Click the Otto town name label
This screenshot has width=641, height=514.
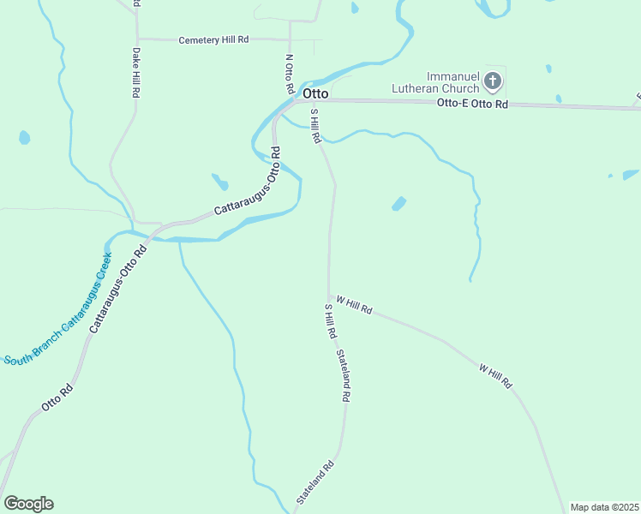(x=314, y=93)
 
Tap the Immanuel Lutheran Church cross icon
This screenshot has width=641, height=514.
(x=493, y=82)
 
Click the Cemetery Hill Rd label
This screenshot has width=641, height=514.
(x=213, y=40)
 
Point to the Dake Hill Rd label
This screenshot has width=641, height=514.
(x=135, y=72)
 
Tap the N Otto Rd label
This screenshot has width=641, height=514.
(x=290, y=75)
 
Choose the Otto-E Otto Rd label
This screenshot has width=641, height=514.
(x=472, y=104)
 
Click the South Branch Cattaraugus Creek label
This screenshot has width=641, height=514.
(x=58, y=309)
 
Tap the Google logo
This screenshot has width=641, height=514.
(x=28, y=504)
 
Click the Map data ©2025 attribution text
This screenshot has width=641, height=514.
(x=604, y=507)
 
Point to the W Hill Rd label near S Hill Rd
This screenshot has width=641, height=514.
(x=354, y=305)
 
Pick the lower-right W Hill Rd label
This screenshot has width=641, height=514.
(x=495, y=376)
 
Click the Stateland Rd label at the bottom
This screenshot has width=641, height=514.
(x=315, y=483)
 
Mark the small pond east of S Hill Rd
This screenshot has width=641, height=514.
(x=398, y=204)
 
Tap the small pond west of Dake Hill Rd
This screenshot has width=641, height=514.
(x=24, y=137)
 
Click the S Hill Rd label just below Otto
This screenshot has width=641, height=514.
(x=315, y=125)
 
